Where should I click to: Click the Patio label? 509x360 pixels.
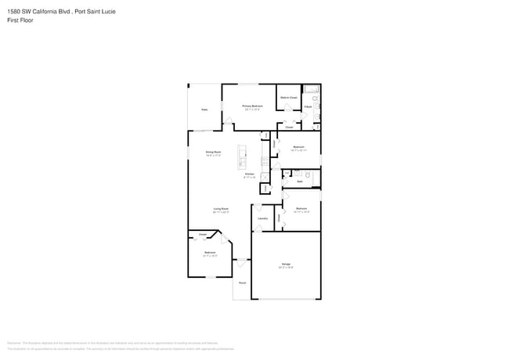204,110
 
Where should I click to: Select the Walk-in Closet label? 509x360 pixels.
288,98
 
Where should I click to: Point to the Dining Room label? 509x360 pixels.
213,153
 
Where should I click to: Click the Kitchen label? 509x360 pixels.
250,175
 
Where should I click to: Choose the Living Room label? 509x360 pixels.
221,210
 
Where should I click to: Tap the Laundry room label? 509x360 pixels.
262,218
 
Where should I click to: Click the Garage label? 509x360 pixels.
286,265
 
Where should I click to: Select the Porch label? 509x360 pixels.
242,283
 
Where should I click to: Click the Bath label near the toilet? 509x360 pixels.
300,181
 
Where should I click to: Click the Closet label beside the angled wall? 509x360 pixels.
202,234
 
